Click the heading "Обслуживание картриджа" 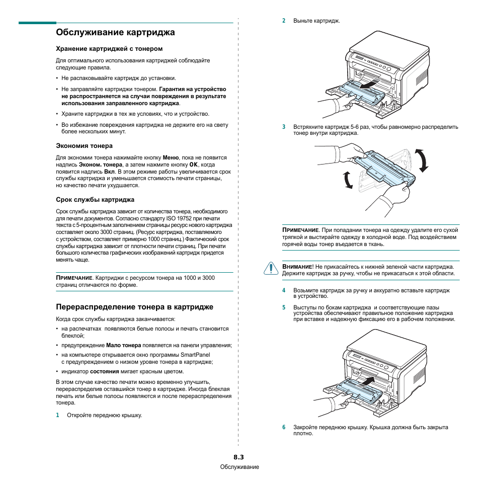(x=115, y=33)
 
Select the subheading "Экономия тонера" (x=84, y=146)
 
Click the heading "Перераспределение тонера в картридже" (x=134, y=307)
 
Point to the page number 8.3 (x=238, y=457)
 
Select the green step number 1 (x=57, y=416)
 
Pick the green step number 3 (x=284, y=127)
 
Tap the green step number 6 (x=284, y=427)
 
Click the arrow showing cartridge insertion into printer (x=370, y=380)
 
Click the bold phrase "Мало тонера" (x=124, y=346)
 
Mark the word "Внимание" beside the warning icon (x=297, y=267)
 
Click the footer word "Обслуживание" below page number (x=239, y=467)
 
